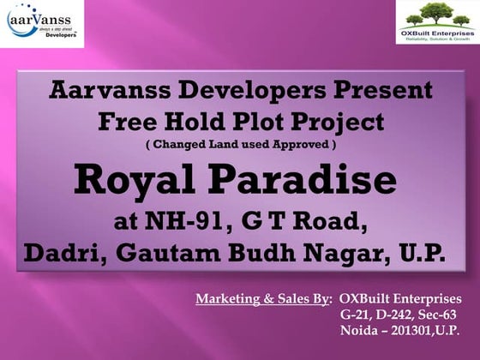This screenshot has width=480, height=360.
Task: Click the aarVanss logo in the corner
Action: [x=42, y=23]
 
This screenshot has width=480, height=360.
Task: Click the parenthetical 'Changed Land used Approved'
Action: [x=239, y=145]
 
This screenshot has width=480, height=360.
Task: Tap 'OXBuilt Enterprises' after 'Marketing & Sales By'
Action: [x=400, y=299]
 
